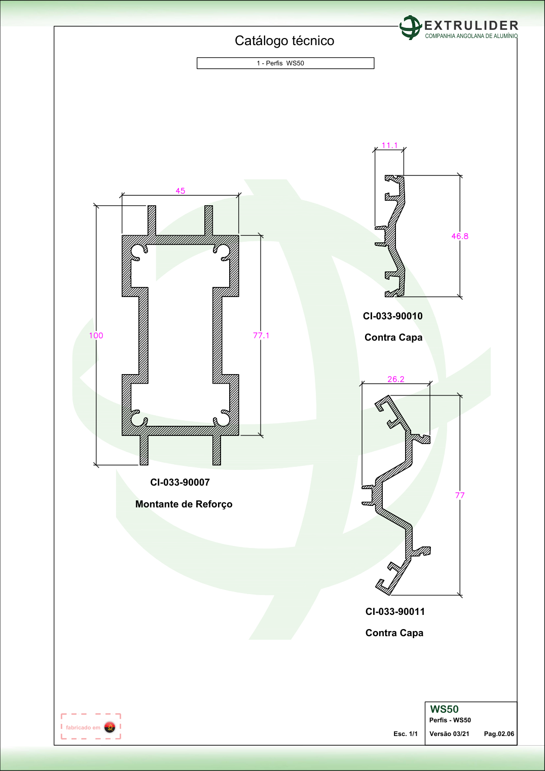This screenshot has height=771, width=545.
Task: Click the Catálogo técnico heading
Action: point(284,41)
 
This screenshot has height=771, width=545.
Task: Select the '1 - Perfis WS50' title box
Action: point(285,63)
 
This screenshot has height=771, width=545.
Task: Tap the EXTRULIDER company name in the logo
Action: point(471,25)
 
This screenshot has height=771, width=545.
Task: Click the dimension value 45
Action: point(180,191)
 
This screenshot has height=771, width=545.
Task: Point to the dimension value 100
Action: point(96,336)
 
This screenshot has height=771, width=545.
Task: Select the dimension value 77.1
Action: point(261,336)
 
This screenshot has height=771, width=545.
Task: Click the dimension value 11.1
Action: point(389,145)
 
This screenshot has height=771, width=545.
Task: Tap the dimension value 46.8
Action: point(460,236)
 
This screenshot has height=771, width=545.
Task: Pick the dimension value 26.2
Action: point(396,379)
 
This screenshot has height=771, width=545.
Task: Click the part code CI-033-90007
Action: point(180,482)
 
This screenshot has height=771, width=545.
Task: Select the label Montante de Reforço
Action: point(184,504)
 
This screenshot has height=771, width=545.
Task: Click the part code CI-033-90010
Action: point(393,316)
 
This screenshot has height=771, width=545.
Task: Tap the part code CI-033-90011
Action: point(395,612)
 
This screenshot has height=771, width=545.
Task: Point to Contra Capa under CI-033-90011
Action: point(394,633)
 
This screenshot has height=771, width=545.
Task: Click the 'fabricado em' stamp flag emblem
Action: point(110,727)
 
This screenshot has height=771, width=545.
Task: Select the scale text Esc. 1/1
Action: point(406,734)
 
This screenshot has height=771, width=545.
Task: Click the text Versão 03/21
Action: point(449,734)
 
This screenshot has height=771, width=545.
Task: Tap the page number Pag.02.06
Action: point(499,734)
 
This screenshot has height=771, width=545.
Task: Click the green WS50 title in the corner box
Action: point(444,709)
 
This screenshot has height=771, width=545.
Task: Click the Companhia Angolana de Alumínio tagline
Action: point(471,36)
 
